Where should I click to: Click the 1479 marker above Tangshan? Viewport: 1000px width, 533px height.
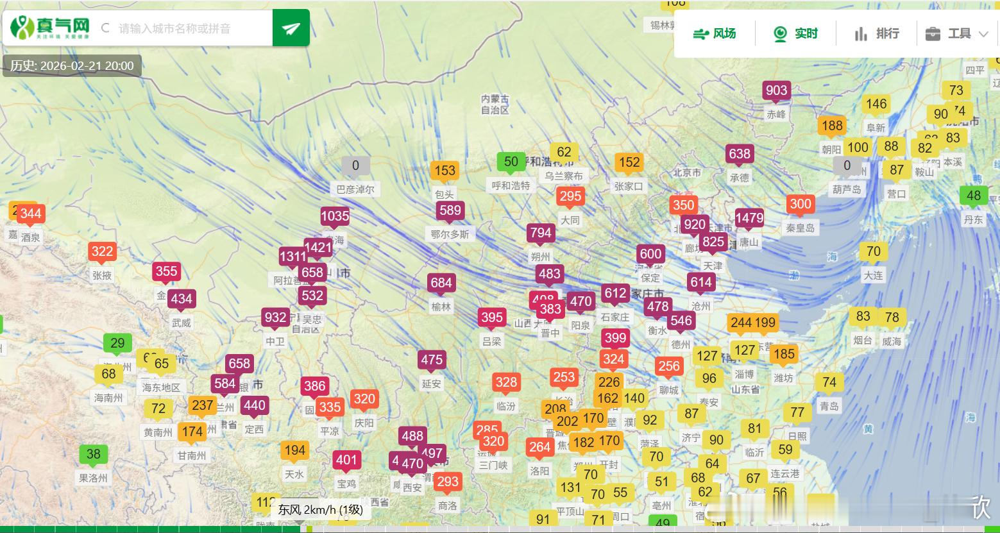pos(749,218)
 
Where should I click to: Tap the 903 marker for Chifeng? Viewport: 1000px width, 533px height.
pos(776,90)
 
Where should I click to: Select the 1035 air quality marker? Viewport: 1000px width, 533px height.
pos(335,216)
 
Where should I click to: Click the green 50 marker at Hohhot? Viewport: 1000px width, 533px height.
pos(511,162)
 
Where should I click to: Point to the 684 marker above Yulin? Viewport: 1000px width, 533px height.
pos(441,283)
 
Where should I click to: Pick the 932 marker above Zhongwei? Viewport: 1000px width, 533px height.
pos(275,317)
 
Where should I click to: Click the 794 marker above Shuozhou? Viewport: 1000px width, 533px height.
pos(541,233)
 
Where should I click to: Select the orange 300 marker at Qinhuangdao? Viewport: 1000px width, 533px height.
pos(801,205)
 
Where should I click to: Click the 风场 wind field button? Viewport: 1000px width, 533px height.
pos(715,33)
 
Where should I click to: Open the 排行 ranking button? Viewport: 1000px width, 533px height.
pos(877,33)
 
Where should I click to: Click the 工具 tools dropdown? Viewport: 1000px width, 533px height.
pos(957,33)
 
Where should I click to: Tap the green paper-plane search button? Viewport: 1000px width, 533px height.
pos(291,28)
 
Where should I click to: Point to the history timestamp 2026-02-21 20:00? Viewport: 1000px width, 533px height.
pos(72,66)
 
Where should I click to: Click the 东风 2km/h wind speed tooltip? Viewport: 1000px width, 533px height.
pos(320,510)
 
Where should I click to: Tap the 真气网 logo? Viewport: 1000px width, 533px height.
pos(50,27)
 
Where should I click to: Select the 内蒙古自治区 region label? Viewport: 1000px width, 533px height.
pos(495,105)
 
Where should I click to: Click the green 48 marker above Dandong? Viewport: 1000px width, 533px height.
pos(974,196)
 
